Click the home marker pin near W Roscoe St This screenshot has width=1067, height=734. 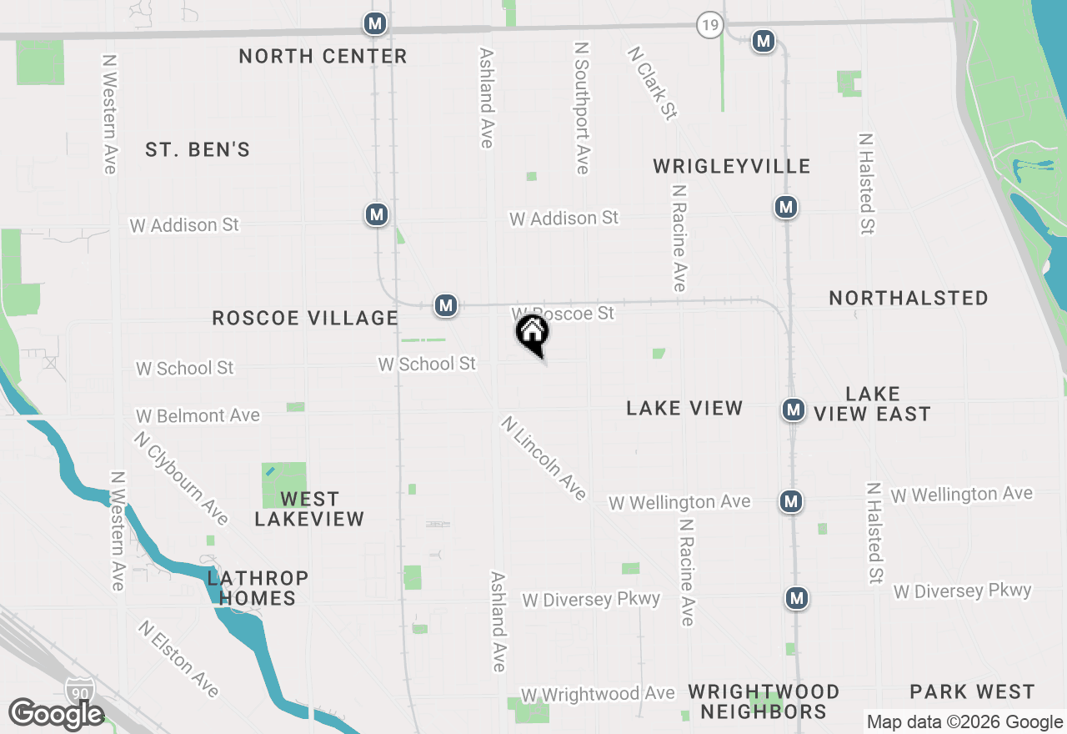(533, 334)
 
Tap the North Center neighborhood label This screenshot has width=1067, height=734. (323, 57)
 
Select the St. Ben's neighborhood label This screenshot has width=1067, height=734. (198, 150)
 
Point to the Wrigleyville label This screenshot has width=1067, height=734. (731, 166)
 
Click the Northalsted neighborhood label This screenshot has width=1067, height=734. (909, 298)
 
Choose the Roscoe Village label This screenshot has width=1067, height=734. (305, 318)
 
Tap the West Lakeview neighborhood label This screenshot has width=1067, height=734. (309, 509)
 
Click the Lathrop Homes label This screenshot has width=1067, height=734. (258, 588)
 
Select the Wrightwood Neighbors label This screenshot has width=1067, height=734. (763, 701)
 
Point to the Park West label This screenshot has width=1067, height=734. (972, 691)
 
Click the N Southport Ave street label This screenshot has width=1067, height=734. (582, 109)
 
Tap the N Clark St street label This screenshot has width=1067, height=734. (652, 82)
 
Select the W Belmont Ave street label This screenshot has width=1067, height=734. (198, 415)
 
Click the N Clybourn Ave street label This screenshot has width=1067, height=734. (181, 478)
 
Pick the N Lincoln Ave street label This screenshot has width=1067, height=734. (544, 458)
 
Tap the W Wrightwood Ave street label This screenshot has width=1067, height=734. (598, 694)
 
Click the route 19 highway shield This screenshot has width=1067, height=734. (709, 26)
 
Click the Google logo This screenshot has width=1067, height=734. (56, 714)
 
